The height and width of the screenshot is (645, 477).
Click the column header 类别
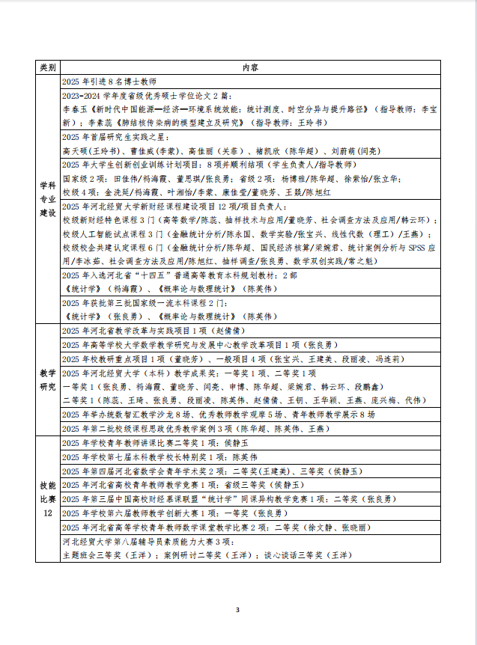[x=47, y=67]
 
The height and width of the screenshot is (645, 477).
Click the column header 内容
[x=251, y=67]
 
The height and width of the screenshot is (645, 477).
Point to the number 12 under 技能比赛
[x=47, y=513]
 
